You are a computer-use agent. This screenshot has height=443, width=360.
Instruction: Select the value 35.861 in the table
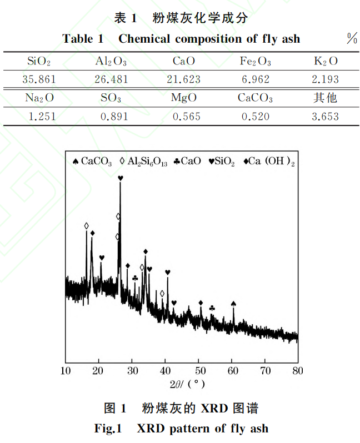(x=39, y=79)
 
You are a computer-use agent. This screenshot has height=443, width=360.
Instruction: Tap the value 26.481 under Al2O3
(x=111, y=79)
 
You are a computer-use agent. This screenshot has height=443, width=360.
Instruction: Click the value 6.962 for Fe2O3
(x=256, y=79)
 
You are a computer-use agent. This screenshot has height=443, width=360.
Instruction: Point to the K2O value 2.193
(x=325, y=79)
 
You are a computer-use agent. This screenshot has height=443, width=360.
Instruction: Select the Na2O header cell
(x=39, y=99)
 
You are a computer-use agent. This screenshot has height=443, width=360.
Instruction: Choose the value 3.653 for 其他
(x=325, y=117)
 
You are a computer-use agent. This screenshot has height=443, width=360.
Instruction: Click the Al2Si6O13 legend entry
(x=144, y=162)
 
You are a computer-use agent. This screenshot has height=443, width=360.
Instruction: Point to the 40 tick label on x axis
(x=165, y=370)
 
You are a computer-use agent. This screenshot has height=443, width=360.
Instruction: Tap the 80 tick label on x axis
(x=298, y=370)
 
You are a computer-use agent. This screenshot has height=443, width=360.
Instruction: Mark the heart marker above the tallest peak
(x=121, y=178)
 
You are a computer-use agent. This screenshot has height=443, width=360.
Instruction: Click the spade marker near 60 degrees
(x=233, y=304)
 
